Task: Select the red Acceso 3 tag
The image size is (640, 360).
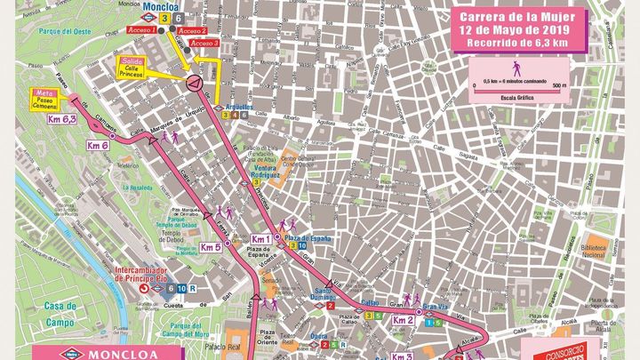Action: [204, 43]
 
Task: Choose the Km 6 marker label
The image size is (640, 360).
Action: [98, 145]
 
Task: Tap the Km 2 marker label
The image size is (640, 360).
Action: [403, 319]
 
